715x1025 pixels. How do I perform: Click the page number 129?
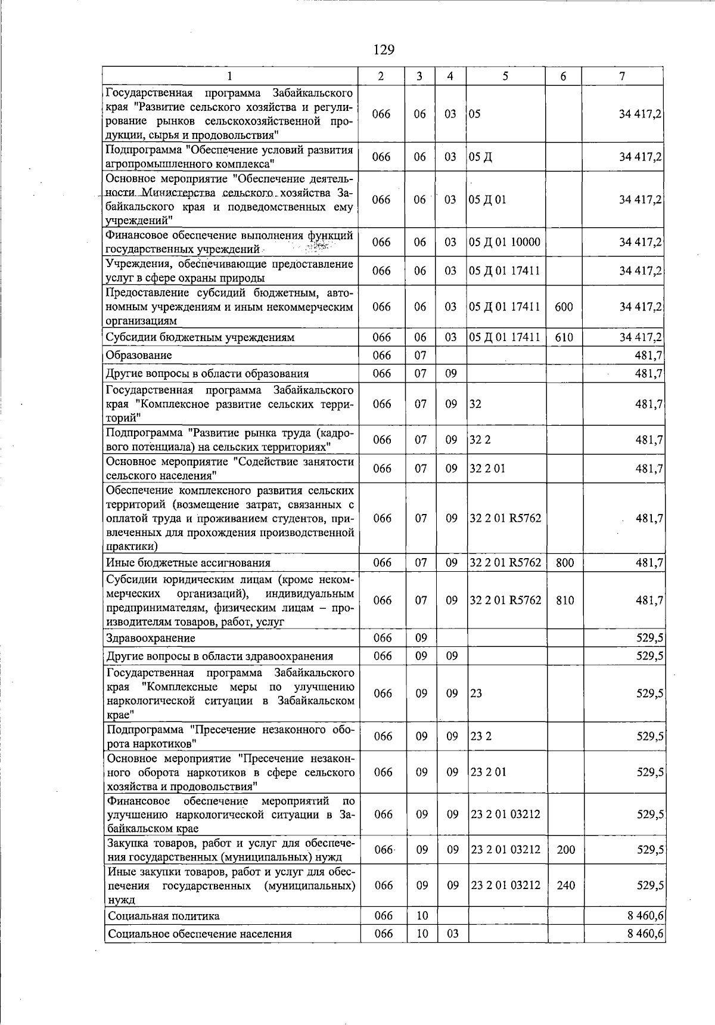coord(384,49)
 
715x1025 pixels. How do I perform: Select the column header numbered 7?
coord(622,76)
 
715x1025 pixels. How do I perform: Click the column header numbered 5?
coord(505,76)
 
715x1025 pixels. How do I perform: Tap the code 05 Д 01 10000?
coord(505,242)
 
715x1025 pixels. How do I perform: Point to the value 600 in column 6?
coord(564,306)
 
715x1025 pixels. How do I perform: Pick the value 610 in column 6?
coord(564,337)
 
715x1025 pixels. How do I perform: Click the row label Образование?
coord(139,355)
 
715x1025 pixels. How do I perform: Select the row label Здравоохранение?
coord(150,638)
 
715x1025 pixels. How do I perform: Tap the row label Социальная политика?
coord(163,916)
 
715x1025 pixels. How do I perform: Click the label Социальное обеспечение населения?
coord(200,934)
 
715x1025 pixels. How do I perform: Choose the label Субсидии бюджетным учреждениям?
coord(200,337)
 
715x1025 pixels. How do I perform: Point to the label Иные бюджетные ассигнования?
coord(188,563)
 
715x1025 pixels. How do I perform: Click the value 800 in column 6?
coord(564,563)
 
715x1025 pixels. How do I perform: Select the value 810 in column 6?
coord(564,600)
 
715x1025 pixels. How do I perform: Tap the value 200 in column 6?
coord(565,850)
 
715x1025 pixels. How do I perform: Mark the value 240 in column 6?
coord(565,885)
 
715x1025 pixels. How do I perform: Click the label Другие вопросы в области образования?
coord(207,374)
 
